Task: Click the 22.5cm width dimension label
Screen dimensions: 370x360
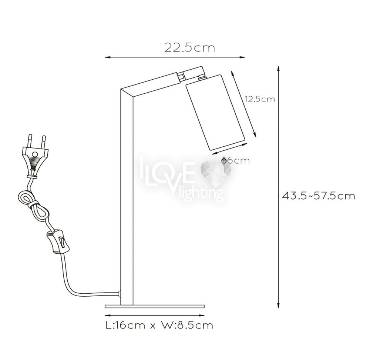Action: click(x=190, y=47)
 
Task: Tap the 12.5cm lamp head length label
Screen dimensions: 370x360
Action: click(x=260, y=99)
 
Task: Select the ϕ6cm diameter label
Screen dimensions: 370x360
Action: click(x=235, y=160)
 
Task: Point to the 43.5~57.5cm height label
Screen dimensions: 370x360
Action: click(x=319, y=196)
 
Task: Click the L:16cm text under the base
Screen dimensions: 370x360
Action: click(x=125, y=325)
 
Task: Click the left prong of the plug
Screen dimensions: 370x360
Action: click(x=30, y=141)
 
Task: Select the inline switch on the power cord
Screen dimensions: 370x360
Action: click(x=58, y=242)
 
